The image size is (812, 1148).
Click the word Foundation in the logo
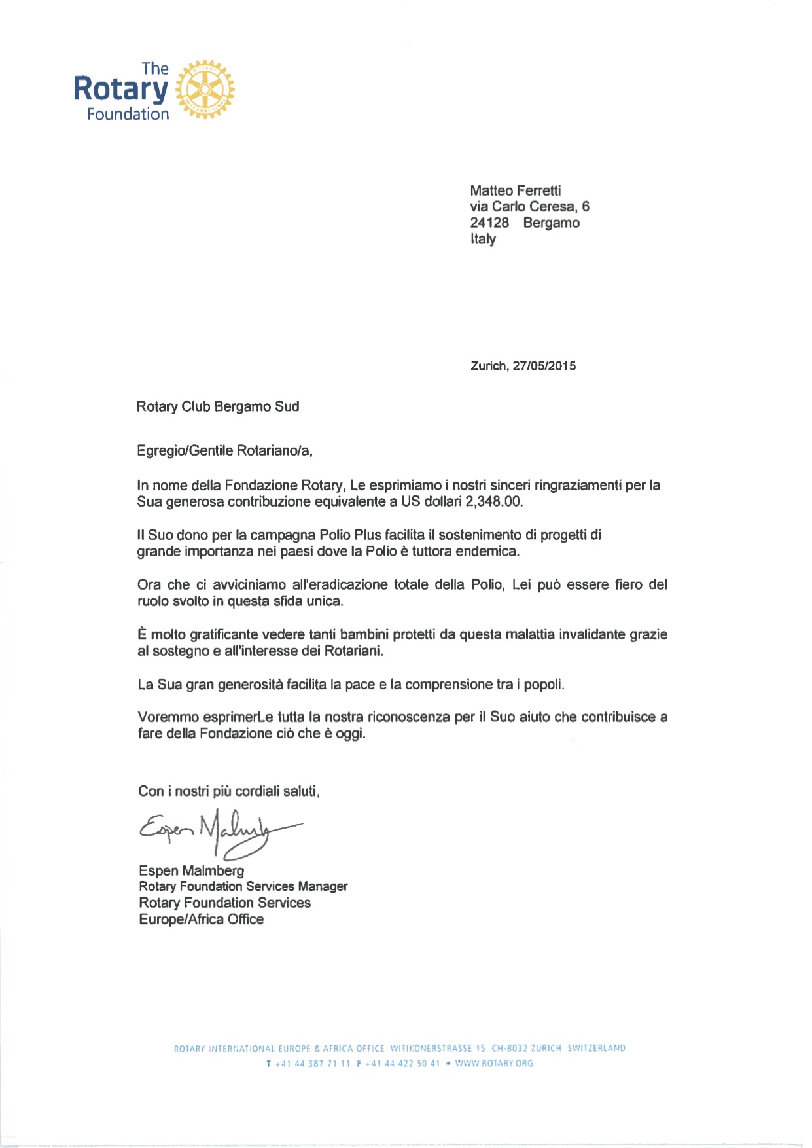(128, 115)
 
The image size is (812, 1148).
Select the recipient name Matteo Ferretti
(515, 190)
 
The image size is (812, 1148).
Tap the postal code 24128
(489, 223)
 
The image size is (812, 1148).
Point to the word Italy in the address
(483, 239)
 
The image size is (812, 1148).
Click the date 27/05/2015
(544, 366)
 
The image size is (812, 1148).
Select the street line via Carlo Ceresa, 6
(529, 207)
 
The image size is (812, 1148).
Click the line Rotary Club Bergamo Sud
(218, 406)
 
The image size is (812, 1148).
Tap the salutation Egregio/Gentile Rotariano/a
(224, 450)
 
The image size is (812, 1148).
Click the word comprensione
(449, 685)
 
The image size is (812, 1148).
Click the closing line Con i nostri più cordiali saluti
(228, 791)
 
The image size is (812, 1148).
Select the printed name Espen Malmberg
(192, 870)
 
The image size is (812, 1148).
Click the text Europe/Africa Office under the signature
(202, 919)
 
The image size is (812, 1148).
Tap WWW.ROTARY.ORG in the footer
(494, 1064)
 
